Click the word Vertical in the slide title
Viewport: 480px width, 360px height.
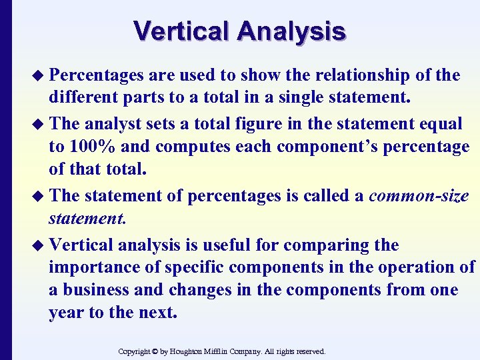coord(181,31)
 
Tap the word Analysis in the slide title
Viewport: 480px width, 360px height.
coord(291,31)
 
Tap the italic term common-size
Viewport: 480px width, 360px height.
coord(419,196)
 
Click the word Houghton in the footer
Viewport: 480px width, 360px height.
coord(194,351)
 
